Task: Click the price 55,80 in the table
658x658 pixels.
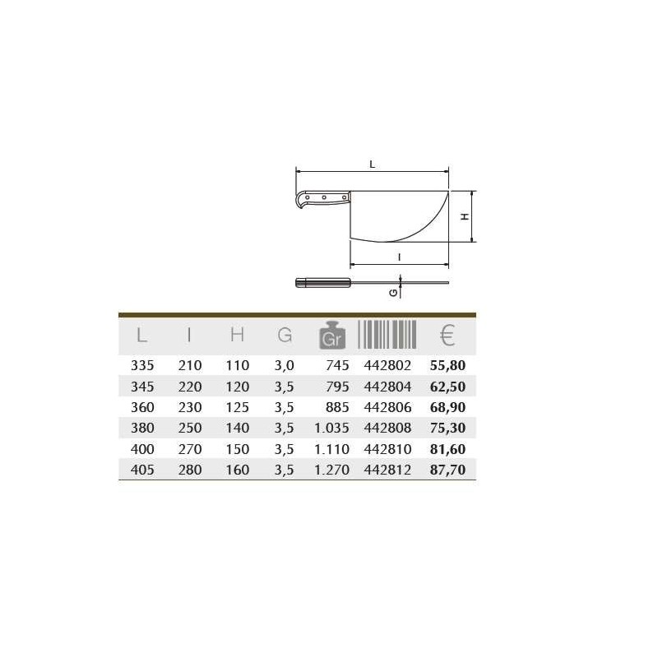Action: tap(447, 365)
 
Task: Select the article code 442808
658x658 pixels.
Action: tap(387, 428)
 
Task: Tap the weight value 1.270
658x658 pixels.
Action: tap(332, 470)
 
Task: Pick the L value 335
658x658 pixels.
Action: tap(142, 365)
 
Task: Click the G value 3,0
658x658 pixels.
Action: tap(284, 365)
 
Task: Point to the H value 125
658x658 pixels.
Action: tap(238, 407)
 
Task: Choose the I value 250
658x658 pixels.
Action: tap(190, 428)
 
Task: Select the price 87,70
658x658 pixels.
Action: tap(447, 470)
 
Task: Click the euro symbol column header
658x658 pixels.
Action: tap(447, 335)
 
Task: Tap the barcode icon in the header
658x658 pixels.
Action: tap(387, 335)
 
